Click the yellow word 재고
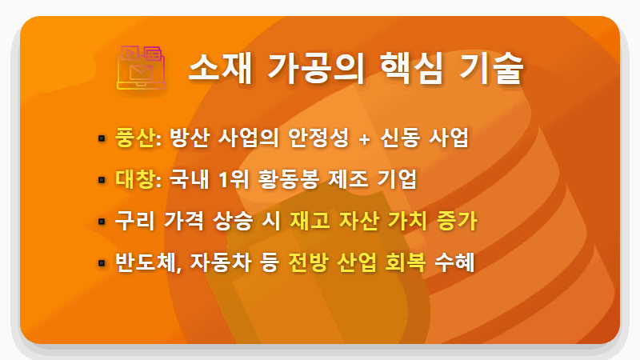(310, 221)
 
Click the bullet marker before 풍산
(102, 138)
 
